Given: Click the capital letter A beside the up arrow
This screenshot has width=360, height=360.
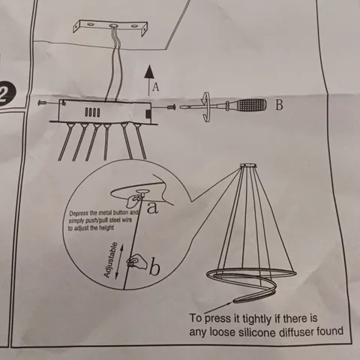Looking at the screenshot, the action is [155, 87].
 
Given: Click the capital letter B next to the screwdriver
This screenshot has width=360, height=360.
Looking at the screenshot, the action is [279, 105].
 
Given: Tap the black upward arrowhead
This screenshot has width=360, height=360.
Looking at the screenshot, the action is [149, 71].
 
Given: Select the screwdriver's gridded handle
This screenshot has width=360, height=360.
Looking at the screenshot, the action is [250, 105].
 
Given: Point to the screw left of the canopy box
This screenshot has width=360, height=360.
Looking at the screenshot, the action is [42, 103].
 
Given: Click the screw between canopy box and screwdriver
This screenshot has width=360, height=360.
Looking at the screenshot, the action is [171, 107].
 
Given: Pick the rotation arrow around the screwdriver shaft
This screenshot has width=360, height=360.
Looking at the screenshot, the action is [206, 106].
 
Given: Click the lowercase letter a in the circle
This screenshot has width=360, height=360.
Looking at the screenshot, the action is [152, 208].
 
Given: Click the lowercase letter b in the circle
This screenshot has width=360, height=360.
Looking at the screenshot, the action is [154, 268].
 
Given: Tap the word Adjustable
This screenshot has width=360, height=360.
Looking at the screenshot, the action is [110, 259].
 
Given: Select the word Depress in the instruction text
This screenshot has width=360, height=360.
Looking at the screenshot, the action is [79, 213].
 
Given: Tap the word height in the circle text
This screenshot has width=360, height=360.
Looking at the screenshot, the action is [106, 228].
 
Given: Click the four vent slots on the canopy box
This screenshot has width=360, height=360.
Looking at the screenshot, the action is [92, 112].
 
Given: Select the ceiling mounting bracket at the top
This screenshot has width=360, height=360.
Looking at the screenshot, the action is [110, 27].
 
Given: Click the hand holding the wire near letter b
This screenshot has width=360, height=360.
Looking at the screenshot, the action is [136, 262].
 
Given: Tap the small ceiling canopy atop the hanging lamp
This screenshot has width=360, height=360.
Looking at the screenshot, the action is [248, 166].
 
